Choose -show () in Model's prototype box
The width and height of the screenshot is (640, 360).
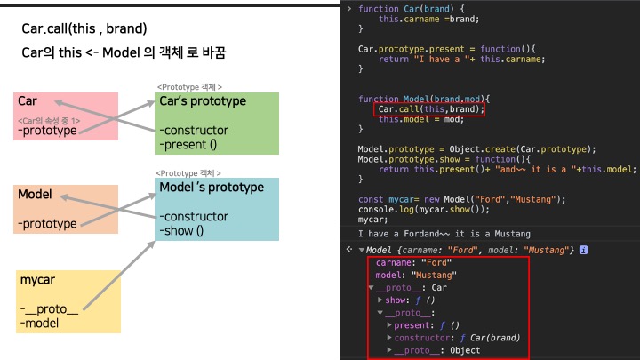pyautogui.click(x=182, y=231)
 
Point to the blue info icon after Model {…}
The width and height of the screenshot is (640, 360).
pyautogui.click(x=584, y=250)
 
